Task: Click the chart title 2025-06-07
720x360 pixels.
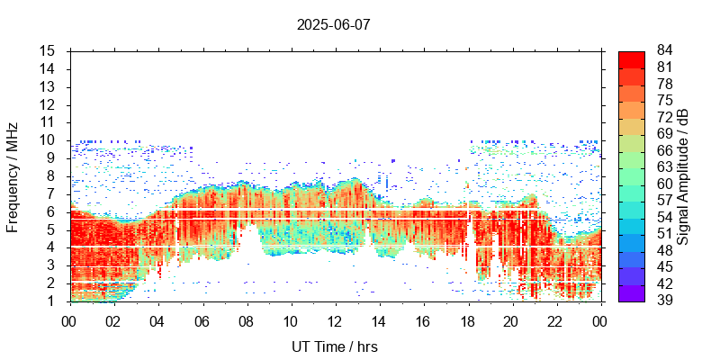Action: (x=333, y=24)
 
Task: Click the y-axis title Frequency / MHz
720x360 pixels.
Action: (x=13, y=176)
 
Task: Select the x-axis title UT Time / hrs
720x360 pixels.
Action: (x=334, y=346)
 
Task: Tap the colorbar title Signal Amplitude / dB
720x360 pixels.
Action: (x=684, y=176)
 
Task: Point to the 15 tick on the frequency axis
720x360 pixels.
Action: (x=49, y=51)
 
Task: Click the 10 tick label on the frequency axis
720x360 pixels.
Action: (x=49, y=140)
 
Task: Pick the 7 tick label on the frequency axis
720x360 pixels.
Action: (x=52, y=193)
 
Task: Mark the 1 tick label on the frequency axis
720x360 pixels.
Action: (x=52, y=301)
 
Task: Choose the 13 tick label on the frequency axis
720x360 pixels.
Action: (x=49, y=86)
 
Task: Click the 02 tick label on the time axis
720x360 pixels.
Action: (x=112, y=321)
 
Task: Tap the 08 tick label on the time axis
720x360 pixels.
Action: (x=246, y=321)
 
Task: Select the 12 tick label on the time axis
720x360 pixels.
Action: (x=334, y=321)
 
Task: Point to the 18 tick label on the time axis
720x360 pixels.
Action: (x=467, y=321)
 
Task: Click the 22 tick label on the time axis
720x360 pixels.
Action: (x=556, y=321)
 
